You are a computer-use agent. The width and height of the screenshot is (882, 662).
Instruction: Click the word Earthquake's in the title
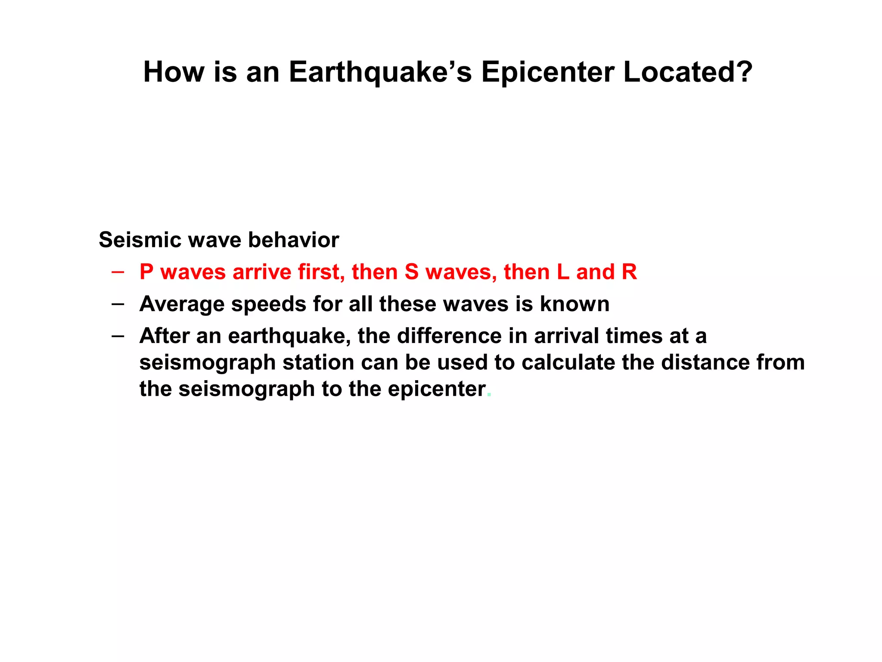[380, 72]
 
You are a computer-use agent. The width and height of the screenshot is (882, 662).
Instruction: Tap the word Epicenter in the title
[547, 72]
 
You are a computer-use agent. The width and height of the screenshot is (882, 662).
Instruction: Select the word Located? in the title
[688, 72]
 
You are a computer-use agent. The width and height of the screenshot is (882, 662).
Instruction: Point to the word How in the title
[174, 72]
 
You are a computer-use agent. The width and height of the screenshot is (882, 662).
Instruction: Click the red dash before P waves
[118, 272]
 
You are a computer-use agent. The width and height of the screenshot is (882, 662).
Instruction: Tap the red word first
[321, 272]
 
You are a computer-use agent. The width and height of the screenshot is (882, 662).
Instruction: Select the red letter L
[563, 272]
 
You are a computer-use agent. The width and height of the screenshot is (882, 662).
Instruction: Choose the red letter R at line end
[629, 272]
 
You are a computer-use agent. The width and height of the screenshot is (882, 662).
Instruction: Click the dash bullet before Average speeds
[118, 304]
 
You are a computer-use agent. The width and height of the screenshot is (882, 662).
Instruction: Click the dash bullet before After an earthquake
[118, 336]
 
